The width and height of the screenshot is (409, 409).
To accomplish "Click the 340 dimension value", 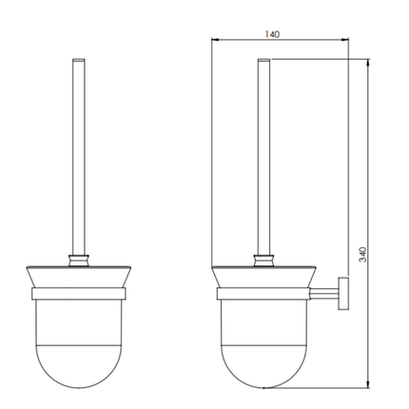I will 362,255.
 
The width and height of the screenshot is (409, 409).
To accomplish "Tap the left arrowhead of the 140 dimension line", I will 215,41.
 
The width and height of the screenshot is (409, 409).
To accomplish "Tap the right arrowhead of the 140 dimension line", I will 344,41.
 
